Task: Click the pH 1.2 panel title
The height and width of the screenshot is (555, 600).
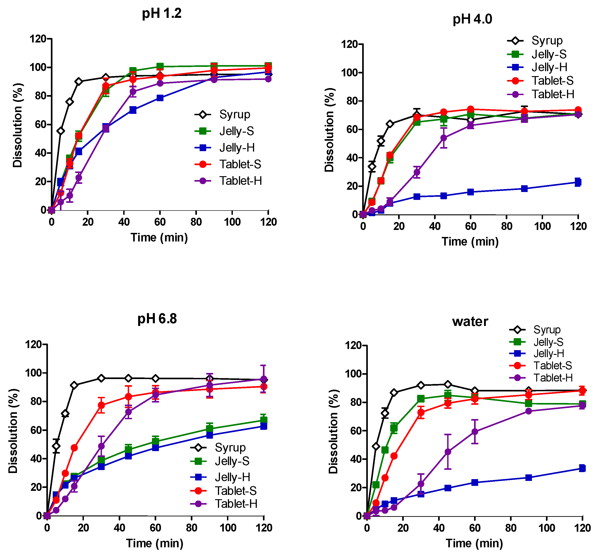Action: (x=162, y=14)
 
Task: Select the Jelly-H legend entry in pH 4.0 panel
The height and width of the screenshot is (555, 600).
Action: (x=549, y=67)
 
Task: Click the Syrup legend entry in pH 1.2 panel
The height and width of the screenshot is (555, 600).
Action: (x=234, y=115)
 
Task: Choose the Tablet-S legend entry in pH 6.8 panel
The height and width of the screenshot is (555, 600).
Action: (x=235, y=491)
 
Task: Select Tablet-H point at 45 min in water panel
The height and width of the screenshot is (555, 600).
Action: (x=448, y=452)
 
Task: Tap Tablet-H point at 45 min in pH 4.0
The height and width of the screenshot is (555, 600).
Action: (x=443, y=138)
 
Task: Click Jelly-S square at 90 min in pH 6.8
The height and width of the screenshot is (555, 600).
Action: (x=210, y=429)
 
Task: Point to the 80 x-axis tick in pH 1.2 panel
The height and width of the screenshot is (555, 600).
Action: (x=196, y=222)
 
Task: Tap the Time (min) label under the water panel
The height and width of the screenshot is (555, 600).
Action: (x=474, y=543)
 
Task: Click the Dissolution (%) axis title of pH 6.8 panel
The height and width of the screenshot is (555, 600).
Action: (x=14, y=431)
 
